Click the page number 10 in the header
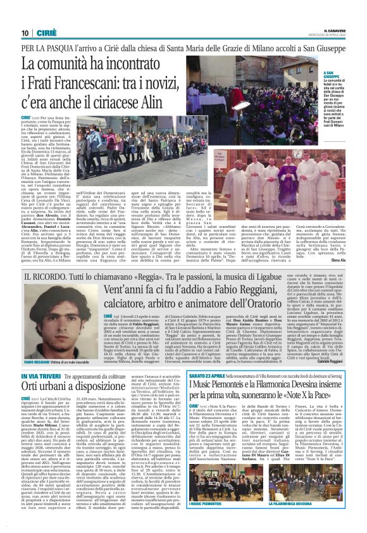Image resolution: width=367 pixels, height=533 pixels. pos(25,33)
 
